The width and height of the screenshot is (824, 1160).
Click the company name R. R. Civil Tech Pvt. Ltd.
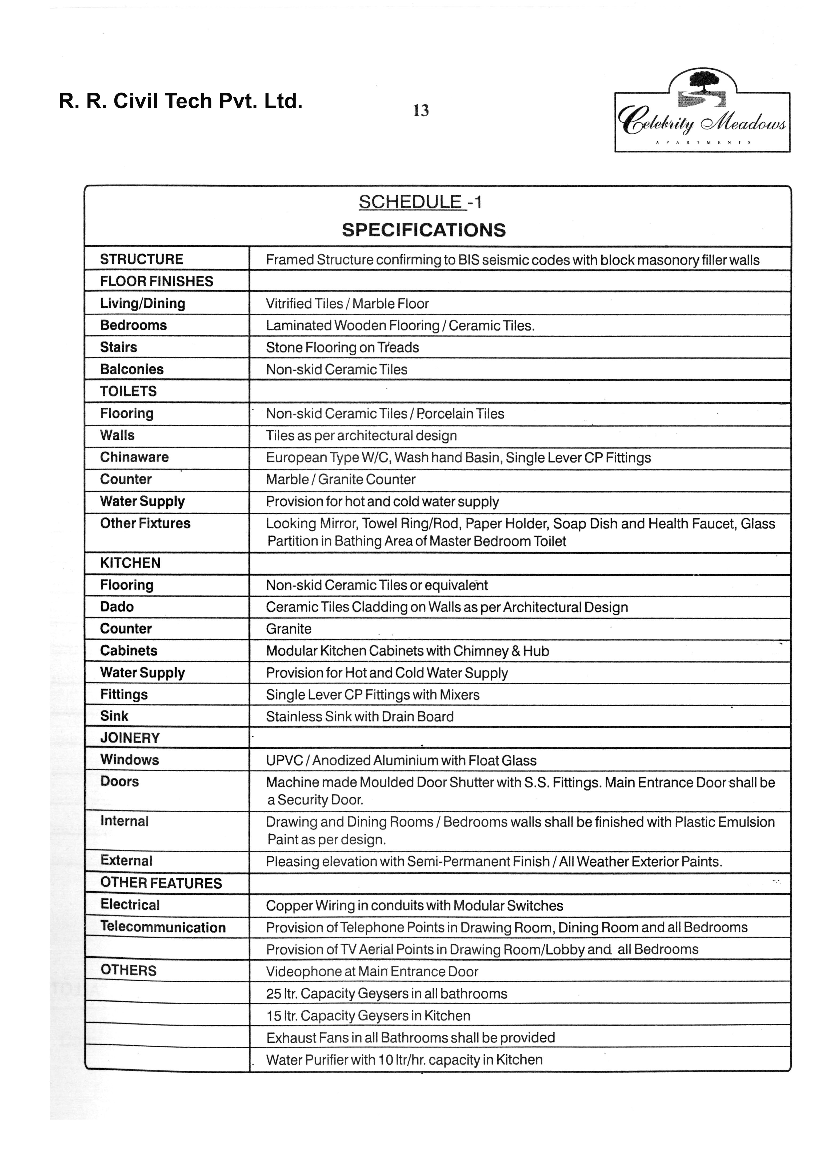point(181,101)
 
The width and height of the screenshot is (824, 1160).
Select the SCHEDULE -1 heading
point(420,202)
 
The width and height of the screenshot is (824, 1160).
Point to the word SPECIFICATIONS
point(424,230)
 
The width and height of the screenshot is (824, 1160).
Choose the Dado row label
point(117,607)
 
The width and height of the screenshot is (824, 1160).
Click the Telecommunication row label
point(163,927)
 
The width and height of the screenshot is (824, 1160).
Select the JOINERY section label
point(130,738)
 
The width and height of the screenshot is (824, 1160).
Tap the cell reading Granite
point(289,629)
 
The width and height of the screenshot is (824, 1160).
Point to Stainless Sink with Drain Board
point(360,717)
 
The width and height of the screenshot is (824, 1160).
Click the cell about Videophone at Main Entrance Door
point(372,971)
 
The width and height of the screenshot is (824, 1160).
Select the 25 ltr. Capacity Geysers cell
point(386,994)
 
